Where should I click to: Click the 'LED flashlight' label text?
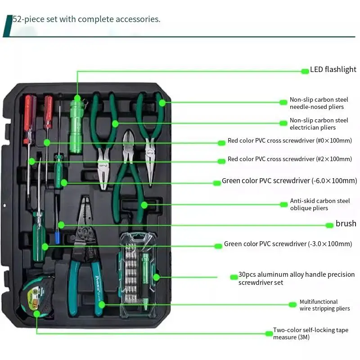coord(333,70)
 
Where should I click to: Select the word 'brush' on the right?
coord(346,224)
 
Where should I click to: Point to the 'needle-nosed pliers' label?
coord(319,103)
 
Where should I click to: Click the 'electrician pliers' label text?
coord(319,124)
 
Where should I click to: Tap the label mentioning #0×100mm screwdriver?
coord(289,141)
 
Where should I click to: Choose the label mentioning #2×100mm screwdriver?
coord(289,159)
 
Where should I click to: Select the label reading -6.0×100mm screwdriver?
coord(289,181)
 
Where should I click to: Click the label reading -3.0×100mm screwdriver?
coord(288,244)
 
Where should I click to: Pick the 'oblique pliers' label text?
coord(319,204)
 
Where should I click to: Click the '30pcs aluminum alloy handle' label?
coord(296,278)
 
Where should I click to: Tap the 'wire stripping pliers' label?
coord(324,305)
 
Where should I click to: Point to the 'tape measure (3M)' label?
coord(310,333)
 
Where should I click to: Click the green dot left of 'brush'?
coord(330,225)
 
